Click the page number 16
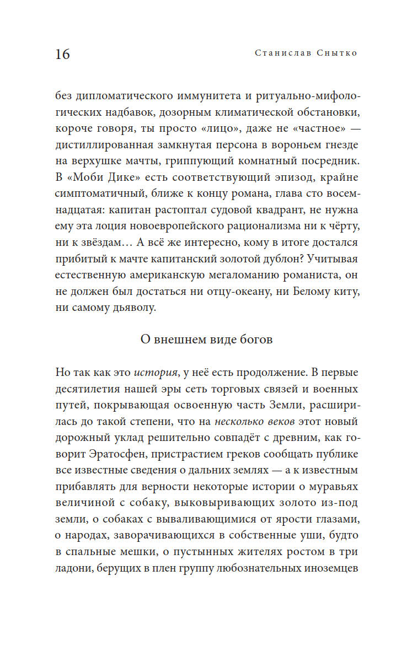click(x=63, y=54)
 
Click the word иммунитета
click(x=208, y=96)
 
